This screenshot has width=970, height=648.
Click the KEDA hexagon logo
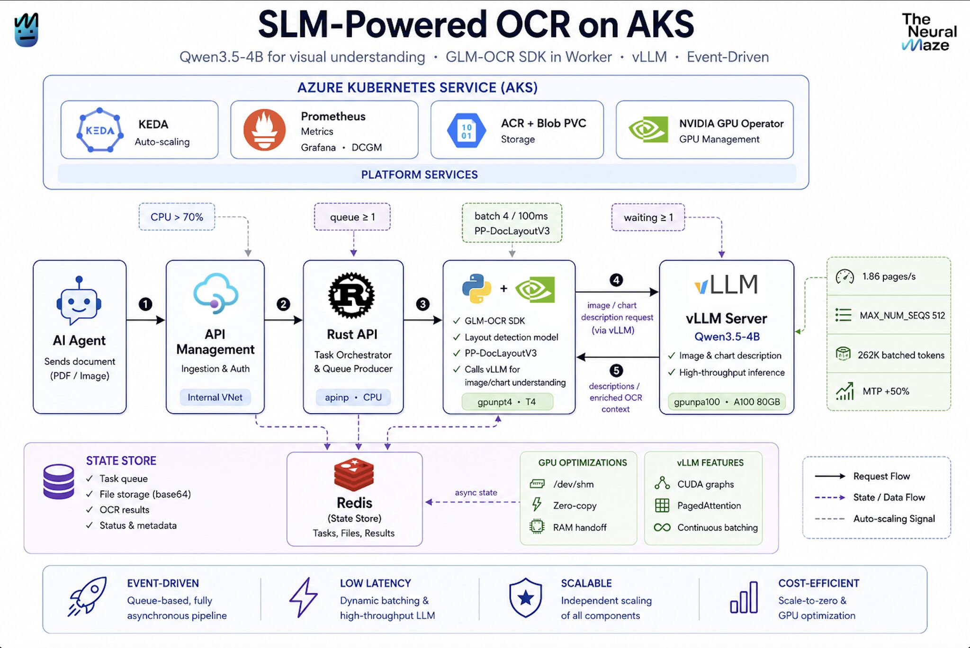pos(99,130)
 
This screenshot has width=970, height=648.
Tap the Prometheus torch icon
pos(264,130)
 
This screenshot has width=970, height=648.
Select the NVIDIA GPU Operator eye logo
pos(648,129)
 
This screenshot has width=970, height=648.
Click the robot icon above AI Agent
pos(79,301)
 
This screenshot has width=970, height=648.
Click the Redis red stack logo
pos(354,474)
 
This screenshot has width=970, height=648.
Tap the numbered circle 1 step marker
pos(145,304)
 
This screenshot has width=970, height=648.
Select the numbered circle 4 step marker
pos(616,280)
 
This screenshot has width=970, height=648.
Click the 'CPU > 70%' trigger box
pos(177,217)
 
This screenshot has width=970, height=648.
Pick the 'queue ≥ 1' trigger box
pos(352,217)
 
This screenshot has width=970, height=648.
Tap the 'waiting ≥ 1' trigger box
pos(648,217)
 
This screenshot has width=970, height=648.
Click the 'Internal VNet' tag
pos(215,397)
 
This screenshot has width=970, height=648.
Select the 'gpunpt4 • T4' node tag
pos(507,402)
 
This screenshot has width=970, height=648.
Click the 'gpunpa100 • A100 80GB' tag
pos(727,402)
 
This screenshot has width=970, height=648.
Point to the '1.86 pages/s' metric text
pos(889,276)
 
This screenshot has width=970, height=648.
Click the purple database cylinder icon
pos(59,482)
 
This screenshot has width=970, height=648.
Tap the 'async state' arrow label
pos(476,492)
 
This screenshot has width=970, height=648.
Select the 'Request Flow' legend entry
pos(862,476)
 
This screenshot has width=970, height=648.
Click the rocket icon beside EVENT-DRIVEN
pos(87,596)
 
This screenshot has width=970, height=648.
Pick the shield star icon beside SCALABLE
pos(526,598)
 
